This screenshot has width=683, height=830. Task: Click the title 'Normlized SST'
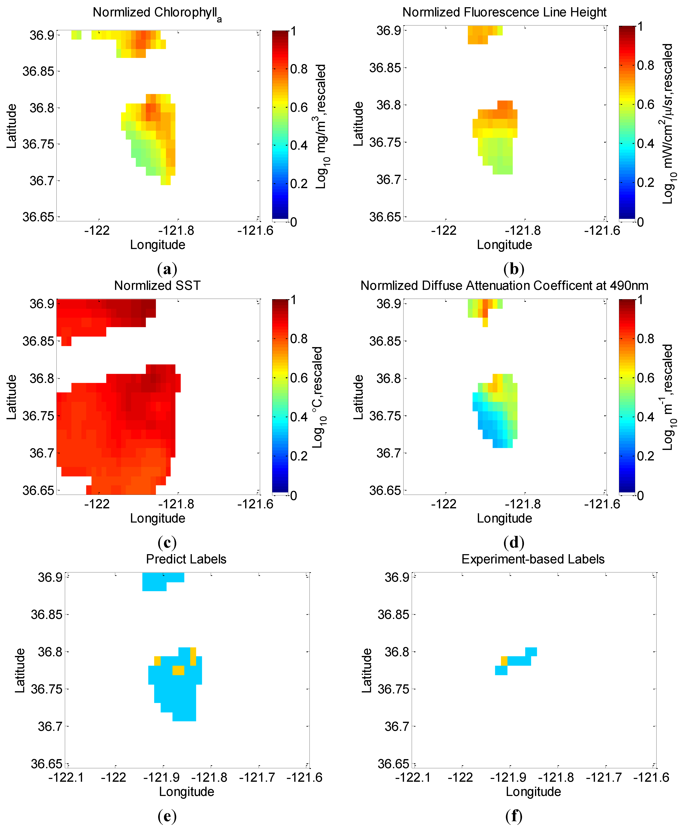tap(157, 285)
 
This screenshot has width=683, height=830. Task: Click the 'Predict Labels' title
tap(186, 559)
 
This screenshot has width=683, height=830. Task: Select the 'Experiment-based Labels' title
tap(533, 559)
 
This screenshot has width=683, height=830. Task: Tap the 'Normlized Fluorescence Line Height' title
tap(504, 12)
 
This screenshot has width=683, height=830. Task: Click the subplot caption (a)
tap(167, 269)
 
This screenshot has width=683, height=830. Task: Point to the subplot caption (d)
tap(514, 543)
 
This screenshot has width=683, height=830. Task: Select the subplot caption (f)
tap(514, 816)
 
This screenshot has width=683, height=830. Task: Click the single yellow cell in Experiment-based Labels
tap(504, 661)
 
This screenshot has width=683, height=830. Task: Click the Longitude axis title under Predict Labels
tap(186, 792)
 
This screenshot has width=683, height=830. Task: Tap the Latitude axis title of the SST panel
tap(12, 397)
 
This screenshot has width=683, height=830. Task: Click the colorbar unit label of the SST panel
tap(318, 397)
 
